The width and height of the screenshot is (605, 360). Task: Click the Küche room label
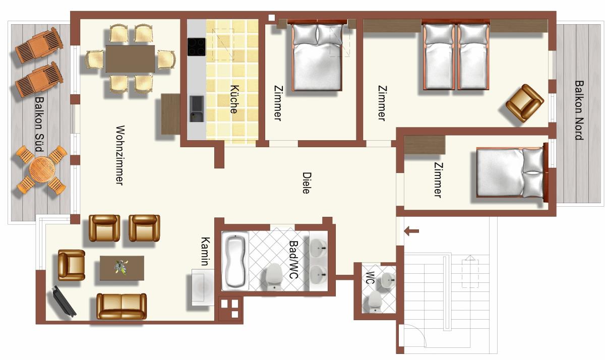point(234,99)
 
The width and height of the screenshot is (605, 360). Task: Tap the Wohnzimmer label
point(120,155)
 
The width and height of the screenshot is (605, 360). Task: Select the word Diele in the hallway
point(307,183)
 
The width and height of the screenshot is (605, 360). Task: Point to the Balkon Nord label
point(579,110)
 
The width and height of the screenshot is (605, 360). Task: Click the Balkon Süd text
point(39,124)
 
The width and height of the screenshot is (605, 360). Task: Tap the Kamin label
point(205,252)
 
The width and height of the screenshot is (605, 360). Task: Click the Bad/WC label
point(293,260)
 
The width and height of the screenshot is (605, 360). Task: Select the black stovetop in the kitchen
point(196,47)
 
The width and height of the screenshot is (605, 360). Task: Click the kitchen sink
point(197,108)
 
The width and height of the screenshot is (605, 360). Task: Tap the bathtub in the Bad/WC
point(235,261)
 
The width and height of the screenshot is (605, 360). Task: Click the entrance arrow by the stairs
point(411,231)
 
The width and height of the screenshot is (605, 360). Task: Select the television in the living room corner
point(64,301)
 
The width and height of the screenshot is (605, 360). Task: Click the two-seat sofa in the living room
point(122,306)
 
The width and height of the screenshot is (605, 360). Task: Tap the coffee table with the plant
point(122,268)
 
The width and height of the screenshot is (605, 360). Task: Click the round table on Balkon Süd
point(42,169)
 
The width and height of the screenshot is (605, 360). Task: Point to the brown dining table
point(130,58)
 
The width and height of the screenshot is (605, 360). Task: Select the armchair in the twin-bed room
point(525,103)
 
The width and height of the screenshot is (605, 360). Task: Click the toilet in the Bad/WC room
point(274,277)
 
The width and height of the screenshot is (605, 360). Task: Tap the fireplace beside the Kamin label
point(203,287)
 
